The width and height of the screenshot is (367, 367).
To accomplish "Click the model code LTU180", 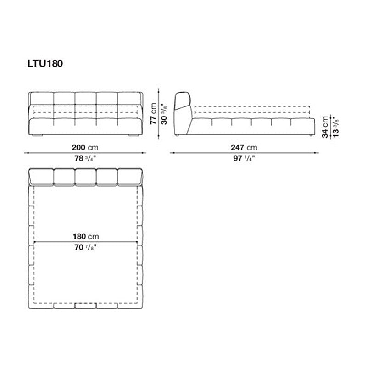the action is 45,63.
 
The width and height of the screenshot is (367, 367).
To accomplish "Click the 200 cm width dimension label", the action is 85,147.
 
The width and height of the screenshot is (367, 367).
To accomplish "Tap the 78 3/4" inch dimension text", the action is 85,158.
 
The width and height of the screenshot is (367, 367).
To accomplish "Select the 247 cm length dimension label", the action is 244,147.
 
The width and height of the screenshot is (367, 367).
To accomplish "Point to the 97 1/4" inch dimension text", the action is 244,158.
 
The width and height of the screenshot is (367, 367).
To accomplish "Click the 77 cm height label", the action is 153,113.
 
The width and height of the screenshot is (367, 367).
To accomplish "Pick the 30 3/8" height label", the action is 164,114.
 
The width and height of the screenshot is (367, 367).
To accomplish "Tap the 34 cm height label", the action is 325,127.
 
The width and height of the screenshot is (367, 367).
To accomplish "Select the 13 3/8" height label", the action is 336,127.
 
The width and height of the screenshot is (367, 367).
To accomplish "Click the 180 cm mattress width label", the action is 86,236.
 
